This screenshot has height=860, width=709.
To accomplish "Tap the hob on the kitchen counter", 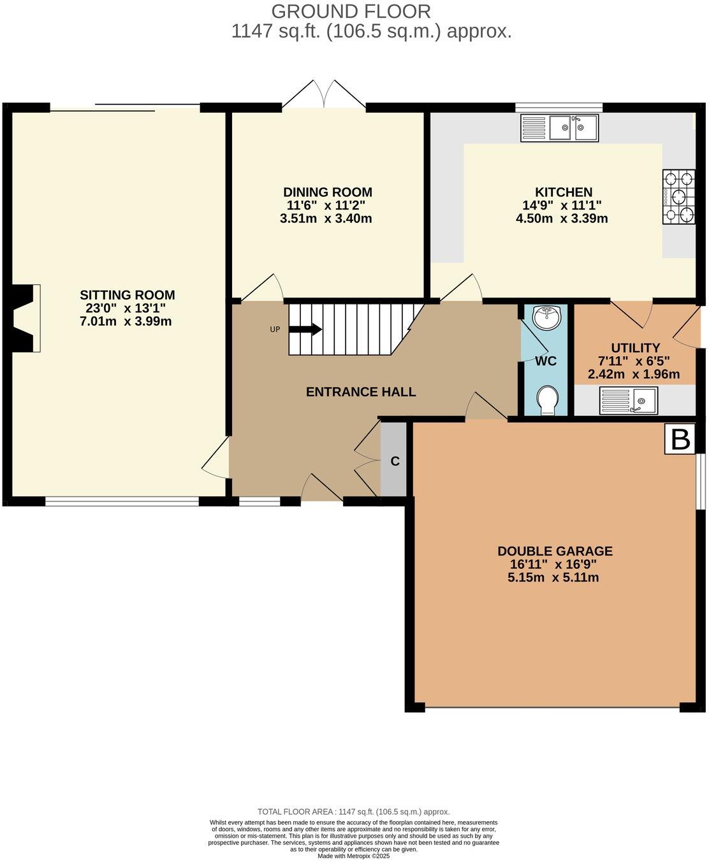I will pyautogui.click(x=678, y=197).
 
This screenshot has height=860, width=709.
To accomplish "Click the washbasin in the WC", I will pyautogui.click(x=546, y=317).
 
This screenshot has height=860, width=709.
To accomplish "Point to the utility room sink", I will pyautogui.click(x=628, y=401).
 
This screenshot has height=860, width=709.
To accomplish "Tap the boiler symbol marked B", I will pyautogui.click(x=680, y=440).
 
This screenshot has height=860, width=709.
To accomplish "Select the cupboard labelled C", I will pyautogui.click(x=395, y=461).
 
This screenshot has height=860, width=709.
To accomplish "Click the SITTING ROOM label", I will pyautogui.click(x=127, y=295).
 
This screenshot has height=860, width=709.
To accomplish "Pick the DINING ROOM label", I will pyautogui.click(x=327, y=192).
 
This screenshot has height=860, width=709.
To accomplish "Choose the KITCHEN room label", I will pyautogui.click(x=563, y=192).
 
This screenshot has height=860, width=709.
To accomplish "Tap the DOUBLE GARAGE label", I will pyautogui.click(x=555, y=551).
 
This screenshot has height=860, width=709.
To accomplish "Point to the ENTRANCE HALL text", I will pyautogui.click(x=361, y=392).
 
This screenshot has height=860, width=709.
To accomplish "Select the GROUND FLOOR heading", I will pyautogui.click(x=351, y=11).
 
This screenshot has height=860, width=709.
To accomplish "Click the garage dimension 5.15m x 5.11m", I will pyautogui.click(x=553, y=578).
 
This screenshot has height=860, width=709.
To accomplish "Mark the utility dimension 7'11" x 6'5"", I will pyautogui.click(x=634, y=361).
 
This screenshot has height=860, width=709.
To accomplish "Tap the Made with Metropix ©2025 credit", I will pyautogui.click(x=353, y=856).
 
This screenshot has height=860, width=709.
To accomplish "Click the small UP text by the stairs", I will pyautogui.click(x=275, y=329).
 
